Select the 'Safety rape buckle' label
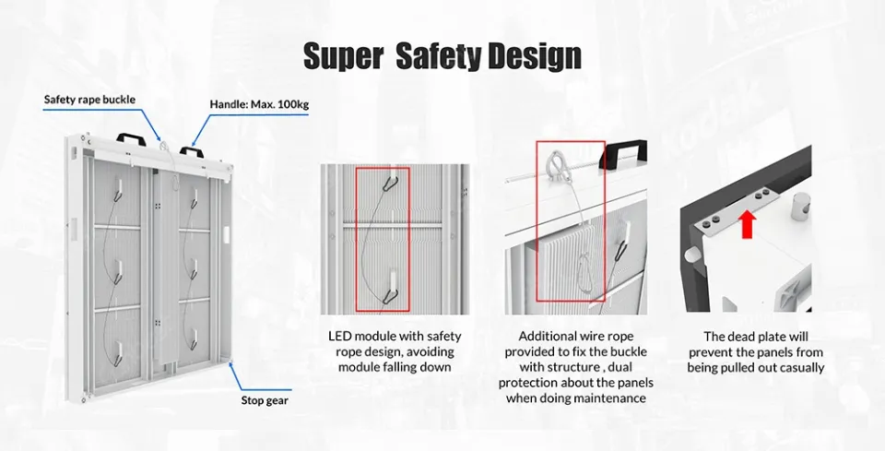coord(89,100)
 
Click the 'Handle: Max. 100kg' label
coord(259,104)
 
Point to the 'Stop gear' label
coord(265,400)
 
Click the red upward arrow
coord(748,224)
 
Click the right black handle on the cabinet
coord(191,152)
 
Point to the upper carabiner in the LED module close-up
coord(389,182)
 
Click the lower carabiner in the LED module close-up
coord(391,295)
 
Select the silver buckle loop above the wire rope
coord(555,164)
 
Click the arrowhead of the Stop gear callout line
coord(230,364)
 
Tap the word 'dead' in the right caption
coord(741,337)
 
